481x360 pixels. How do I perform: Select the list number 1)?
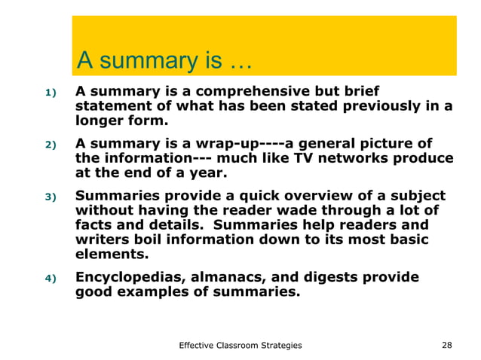point(50,93)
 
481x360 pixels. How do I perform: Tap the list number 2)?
point(50,145)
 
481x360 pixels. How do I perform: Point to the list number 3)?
point(50,197)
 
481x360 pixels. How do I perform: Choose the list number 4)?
point(50,279)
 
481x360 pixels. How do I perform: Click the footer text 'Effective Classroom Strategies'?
point(240,345)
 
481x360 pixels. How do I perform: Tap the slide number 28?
point(446,345)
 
